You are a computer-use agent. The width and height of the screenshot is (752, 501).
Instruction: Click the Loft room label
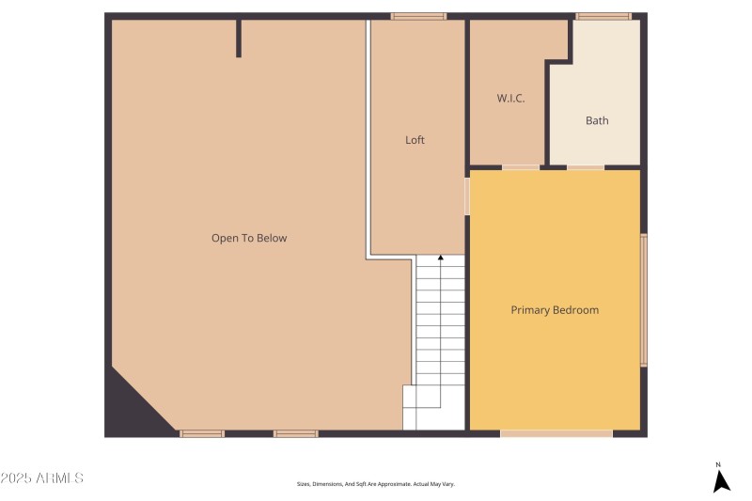pos(415,140)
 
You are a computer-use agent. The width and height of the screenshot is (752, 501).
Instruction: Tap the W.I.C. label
pos(510,99)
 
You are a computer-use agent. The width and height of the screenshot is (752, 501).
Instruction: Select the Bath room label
pos(597,120)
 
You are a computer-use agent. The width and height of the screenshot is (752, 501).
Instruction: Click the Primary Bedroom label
pos(555,310)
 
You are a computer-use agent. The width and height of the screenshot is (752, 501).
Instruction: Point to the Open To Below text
pos(249,239)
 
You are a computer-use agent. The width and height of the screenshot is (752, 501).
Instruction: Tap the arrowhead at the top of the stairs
pos(441,257)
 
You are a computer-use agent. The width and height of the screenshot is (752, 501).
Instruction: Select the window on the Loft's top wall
pos(418,16)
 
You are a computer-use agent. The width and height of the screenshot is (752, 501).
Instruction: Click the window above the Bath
pos(603,16)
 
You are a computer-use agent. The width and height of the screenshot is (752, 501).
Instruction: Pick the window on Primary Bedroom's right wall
pos(644,300)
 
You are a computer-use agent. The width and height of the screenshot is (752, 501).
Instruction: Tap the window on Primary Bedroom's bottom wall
pos(556,433)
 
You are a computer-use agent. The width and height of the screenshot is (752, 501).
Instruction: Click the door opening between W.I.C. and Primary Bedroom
pos(521,167)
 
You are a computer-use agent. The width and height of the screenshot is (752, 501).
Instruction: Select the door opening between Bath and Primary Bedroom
pos(586,167)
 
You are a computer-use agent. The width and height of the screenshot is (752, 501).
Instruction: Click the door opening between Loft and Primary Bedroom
pos(467,196)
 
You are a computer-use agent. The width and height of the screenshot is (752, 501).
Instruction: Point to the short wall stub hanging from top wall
pos(239,38)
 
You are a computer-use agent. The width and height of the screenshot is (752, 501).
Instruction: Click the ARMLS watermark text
pos(42,478)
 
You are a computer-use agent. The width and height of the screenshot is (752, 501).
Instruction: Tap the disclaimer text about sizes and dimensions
pos(376,484)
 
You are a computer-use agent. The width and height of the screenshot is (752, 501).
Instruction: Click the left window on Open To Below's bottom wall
pos(202,433)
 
